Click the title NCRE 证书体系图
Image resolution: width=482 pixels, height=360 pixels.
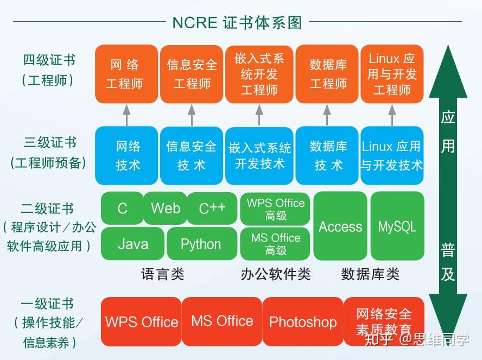point(237,22)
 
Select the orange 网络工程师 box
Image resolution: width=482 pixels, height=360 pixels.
point(126,74)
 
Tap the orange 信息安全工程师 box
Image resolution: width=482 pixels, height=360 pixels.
point(191,74)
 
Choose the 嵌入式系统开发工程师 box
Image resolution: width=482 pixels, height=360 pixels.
point(259,74)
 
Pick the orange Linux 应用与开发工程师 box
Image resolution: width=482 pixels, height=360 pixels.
point(391,74)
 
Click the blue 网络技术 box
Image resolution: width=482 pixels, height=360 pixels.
point(127,156)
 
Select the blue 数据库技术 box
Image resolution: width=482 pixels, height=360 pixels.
point(328,156)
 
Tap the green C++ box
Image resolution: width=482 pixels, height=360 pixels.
point(212,208)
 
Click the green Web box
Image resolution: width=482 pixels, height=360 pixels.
point(166,208)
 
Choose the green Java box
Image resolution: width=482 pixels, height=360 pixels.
point(132,244)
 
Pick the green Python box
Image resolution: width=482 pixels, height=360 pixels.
point(200,244)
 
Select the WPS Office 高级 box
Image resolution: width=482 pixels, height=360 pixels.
point(276,209)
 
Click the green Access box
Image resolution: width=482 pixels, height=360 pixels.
point(340,226)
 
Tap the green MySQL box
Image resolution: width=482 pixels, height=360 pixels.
point(397,226)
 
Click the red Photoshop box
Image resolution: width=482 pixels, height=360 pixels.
point(302,321)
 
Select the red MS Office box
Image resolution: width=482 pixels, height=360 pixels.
point(221,321)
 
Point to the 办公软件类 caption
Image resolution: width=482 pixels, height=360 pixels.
point(275,274)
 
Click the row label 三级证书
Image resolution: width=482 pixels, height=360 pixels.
point(49,143)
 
